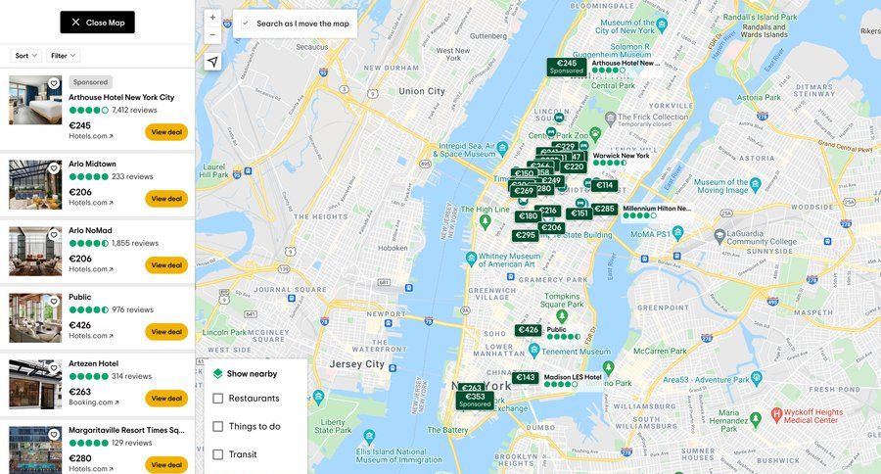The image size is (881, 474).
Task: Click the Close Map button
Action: [x=97, y=23]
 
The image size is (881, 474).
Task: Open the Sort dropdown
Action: [x=25, y=56]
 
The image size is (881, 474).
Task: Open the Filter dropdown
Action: [x=63, y=56]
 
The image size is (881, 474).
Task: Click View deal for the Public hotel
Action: [x=166, y=332]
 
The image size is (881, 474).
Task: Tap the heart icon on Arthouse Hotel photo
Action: [x=54, y=84]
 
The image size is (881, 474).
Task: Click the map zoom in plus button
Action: [x=212, y=18]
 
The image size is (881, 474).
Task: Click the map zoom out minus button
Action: [x=212, y=35]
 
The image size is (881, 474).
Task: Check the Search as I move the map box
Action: [x=246, y=23]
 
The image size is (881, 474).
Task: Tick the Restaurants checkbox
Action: [x=218, y=399]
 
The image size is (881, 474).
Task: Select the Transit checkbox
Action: [x=218, y=454]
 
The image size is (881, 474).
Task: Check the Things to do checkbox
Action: [x=218, y=427]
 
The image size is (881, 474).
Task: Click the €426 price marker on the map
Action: [x=529, y=330]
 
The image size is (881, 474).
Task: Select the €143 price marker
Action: [x=526, y=377]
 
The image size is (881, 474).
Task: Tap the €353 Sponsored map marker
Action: [x=475, y=400]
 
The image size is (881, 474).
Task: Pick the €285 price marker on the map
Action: [x=605, y=209]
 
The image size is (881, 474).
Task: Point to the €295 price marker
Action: [x=526, y=235]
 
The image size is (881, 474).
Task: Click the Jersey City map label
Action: [x=357, y=363]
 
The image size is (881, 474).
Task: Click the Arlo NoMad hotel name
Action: [x=90, y=230]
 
